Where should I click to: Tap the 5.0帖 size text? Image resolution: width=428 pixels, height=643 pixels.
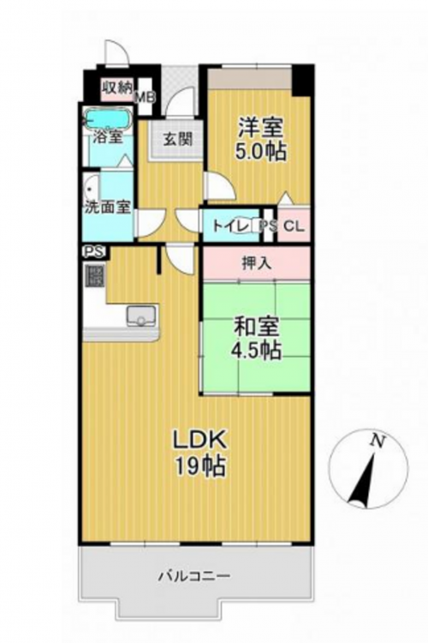pyautogui.click(x=260, y=152)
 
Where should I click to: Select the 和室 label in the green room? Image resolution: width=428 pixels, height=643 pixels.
pyautogui.click(x=257, y=328)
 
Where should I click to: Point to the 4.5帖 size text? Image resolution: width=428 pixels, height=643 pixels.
pyautogui.click(x=256, y=351)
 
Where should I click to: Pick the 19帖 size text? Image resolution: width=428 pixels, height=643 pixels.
pyautogui.click(x=200, y=466)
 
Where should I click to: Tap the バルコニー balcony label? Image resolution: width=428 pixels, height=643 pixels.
pyautogui.click(x=194, y=577)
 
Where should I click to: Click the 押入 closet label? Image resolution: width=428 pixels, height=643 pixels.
pyautogui.click(x=257, y=263)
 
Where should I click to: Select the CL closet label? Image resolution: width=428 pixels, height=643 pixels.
pyautogui.click(x=294, y=226)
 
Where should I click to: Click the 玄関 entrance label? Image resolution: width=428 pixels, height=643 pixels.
pyautogui.click(x=178, y=139)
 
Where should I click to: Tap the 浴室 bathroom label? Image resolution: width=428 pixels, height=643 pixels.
pyautogui.click(x=108, y=136)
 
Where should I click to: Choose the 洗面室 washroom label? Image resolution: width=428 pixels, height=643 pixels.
pyautogui.click(x=108, y=207)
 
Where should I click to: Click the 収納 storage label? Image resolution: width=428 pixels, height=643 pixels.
pyautogui.click(x=116, y=87)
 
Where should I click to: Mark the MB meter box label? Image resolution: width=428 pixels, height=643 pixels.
pyautogui.click(x=146, y=98)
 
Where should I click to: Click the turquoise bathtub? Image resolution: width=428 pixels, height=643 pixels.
pyautogui.click(x=108, y=118)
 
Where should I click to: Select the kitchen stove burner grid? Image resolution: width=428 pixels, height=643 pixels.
pyautogui.click(x=95, y=275)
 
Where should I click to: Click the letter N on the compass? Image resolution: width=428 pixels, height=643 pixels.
pyautogui.click(x=377, y=442)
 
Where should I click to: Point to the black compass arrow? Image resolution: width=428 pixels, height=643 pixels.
pyautogui.click(x=361, y=479)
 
